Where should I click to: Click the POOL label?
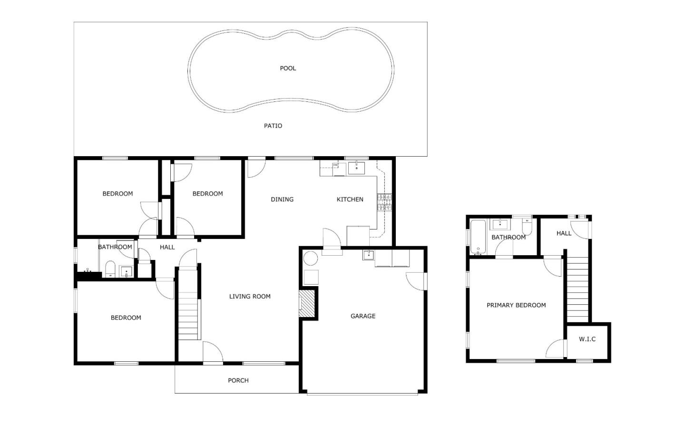pos(288,68)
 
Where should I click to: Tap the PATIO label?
pos(273,126)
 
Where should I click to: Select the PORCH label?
pos(238,380)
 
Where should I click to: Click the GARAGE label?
pos(362,316)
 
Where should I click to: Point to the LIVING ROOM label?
pos(250,296)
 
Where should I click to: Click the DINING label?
pos(282,199)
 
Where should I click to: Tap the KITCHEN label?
pos(350,199)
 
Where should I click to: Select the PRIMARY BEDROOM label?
pos(516,305)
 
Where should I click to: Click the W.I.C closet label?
pos(587,339)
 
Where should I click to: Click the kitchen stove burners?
pos(384,202)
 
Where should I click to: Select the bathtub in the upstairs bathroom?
pos(478,237)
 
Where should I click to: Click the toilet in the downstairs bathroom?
pos(110,269)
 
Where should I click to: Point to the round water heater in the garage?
pos(311,259)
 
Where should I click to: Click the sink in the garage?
pos(369,255)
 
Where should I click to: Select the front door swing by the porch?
pos(213,352)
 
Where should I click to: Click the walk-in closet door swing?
pos(555,348)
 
